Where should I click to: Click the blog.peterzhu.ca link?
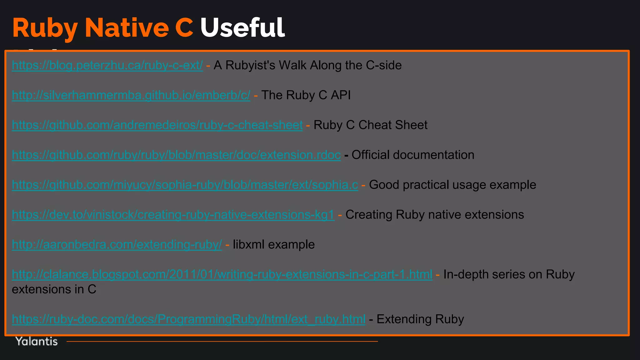coord(107,65)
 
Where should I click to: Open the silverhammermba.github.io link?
coord(131,95)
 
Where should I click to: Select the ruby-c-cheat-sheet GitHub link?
coord(157,125)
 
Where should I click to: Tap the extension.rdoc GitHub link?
coord(176,155)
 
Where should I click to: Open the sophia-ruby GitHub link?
coord(185,185)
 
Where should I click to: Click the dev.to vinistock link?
coord(173,215)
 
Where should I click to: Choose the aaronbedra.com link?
coord(117,245)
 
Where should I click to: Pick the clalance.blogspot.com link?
coord(222,274)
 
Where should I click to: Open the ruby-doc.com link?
coord(188,319)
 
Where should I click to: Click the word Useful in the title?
coord(242,28)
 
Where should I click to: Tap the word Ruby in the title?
coord(45,28)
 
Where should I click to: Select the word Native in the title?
coord(127,28)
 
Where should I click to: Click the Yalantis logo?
coord(37,341)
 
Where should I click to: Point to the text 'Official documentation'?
coord(413,155)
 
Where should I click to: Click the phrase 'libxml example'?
coord(274,245)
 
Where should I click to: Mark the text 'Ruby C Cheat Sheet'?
coord(370,125)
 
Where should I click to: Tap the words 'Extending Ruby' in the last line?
coord(420,319)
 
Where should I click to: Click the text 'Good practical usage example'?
coord(452,185)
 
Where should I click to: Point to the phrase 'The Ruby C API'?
coord(306,95)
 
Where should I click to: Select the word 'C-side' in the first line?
coord(384,65)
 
